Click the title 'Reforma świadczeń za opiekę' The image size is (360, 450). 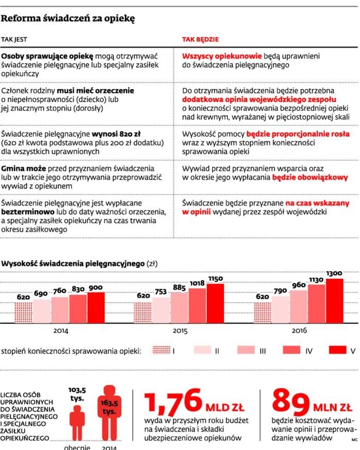(x=68, y=19)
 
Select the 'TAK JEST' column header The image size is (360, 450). (x=14, y=39)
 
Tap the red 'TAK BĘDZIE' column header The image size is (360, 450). (x=200, y=39)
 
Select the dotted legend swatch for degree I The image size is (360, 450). (x=161, y=350)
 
